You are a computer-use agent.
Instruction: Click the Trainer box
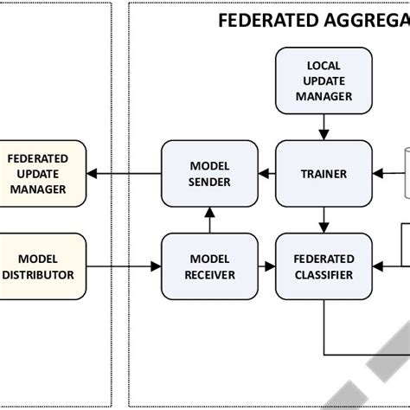pyautogui.click(x=324, y=174)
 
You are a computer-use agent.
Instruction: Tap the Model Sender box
pyautogui.click(x=209, y=174)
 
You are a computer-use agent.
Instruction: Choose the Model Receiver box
pyautogui.click(x=209, y=266)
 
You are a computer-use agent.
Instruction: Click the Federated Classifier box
pyautogui.click(x=324, y=266)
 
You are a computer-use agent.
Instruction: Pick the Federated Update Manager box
pyautogui.click(x=37, y=174)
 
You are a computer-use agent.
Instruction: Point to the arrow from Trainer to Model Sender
pyautogui.click(x=266, y=174)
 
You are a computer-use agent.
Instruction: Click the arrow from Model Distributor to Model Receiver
pyautogui.click(x=124, y=266)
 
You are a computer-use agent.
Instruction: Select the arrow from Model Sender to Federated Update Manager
pyautogui.click(x=124, y=174)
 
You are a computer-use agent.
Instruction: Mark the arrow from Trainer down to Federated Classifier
pyautogui.click(x=324, y=220)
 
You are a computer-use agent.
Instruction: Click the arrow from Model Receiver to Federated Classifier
pyautogui.click(x=266, y=266)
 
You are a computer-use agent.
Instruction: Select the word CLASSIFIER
pyautogui.click(x=324, y=275)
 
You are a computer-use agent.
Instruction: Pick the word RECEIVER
pyautogui.click(x=209, y=275)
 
